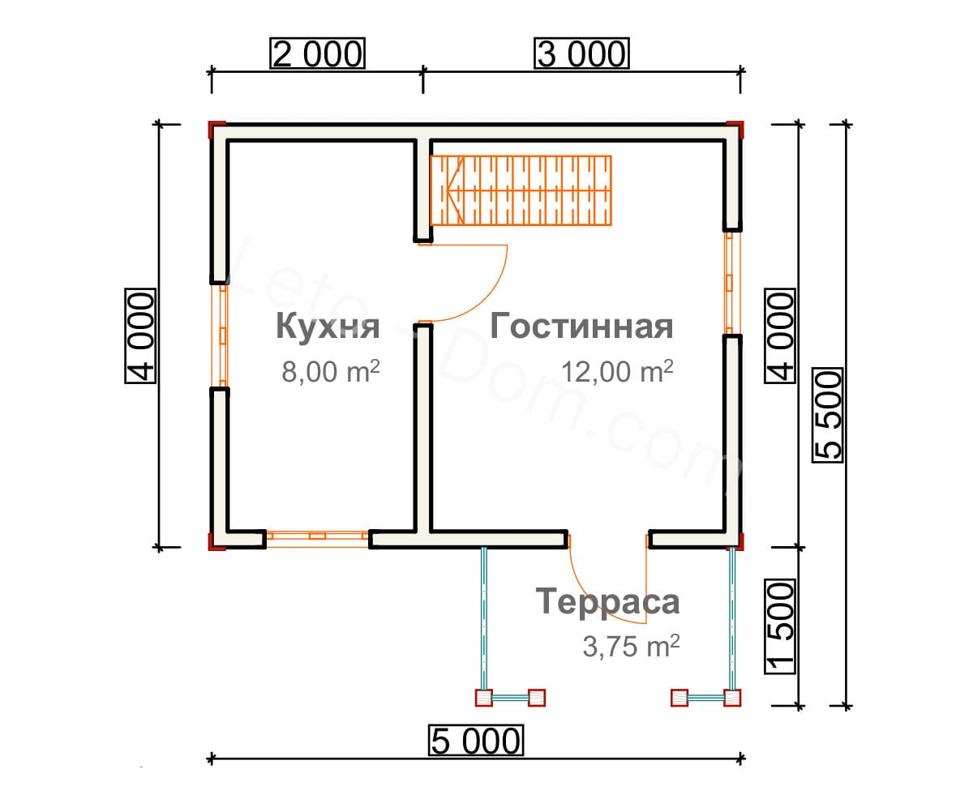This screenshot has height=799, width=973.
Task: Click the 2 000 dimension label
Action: point(317,53)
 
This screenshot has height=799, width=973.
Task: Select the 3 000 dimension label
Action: point(581,53)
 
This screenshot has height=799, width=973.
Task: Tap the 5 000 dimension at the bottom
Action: point(476,741)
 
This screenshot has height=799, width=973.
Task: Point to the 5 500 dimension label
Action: point(827,415)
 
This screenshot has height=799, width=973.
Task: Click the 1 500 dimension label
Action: point(780,626)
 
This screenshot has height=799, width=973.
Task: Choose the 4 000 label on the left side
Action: point(140,335)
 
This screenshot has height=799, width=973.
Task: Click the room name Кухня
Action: point(328,327)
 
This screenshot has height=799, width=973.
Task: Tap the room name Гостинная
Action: point(581,326)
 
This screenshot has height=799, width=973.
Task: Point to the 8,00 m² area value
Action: point(331,371)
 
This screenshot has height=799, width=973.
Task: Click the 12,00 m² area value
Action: point(617,371)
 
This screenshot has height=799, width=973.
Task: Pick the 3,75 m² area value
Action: point(631,646)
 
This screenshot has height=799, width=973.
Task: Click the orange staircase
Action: point(521,190)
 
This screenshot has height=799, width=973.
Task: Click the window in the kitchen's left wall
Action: point(220,335)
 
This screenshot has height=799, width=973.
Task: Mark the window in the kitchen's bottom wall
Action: point(317,539)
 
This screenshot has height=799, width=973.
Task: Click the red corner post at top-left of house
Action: point(216,130)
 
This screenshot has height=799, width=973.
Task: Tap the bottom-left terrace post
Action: point(484,698)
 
